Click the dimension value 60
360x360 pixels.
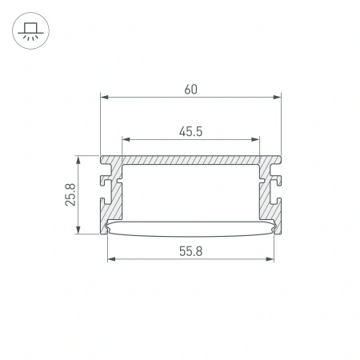click(x=190, y=89)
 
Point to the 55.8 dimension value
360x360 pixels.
click(x=190, y=250)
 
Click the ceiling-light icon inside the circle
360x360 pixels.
click(x=30, y=31)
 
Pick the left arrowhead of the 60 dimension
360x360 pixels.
click(x=103, y=98)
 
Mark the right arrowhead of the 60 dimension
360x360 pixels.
click(x=279, y=98)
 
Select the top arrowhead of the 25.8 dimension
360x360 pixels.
click(x=78, y=158)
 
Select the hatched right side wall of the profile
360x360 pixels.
click(x=267, y=200)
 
